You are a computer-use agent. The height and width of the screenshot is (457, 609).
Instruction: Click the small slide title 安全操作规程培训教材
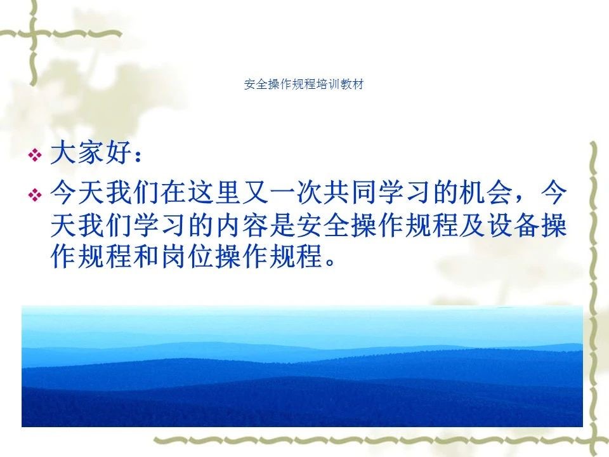(x=304, y=84)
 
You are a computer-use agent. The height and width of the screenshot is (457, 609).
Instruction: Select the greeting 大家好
(x=91, y=152)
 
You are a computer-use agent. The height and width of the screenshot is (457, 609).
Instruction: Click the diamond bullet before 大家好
(x=35, y=156)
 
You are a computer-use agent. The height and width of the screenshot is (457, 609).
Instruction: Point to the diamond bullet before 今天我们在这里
(x=35, y=194)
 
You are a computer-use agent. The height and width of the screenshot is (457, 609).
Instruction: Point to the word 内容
(x=242, y=225)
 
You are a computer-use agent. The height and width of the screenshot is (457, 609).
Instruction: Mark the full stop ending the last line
(x=330, y=262)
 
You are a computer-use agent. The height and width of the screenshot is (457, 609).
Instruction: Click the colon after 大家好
(x=137, y=156)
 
